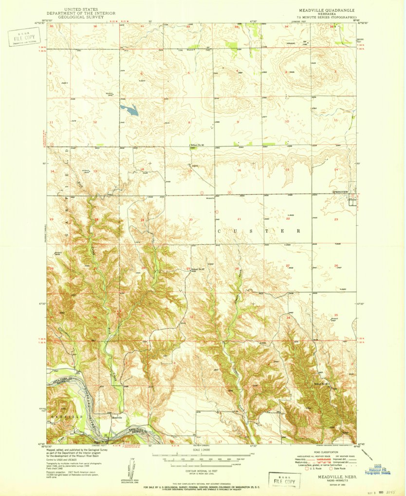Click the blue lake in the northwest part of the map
129,109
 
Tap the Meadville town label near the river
117,418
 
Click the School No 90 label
196,145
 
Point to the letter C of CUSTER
219,230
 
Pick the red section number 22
288,219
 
